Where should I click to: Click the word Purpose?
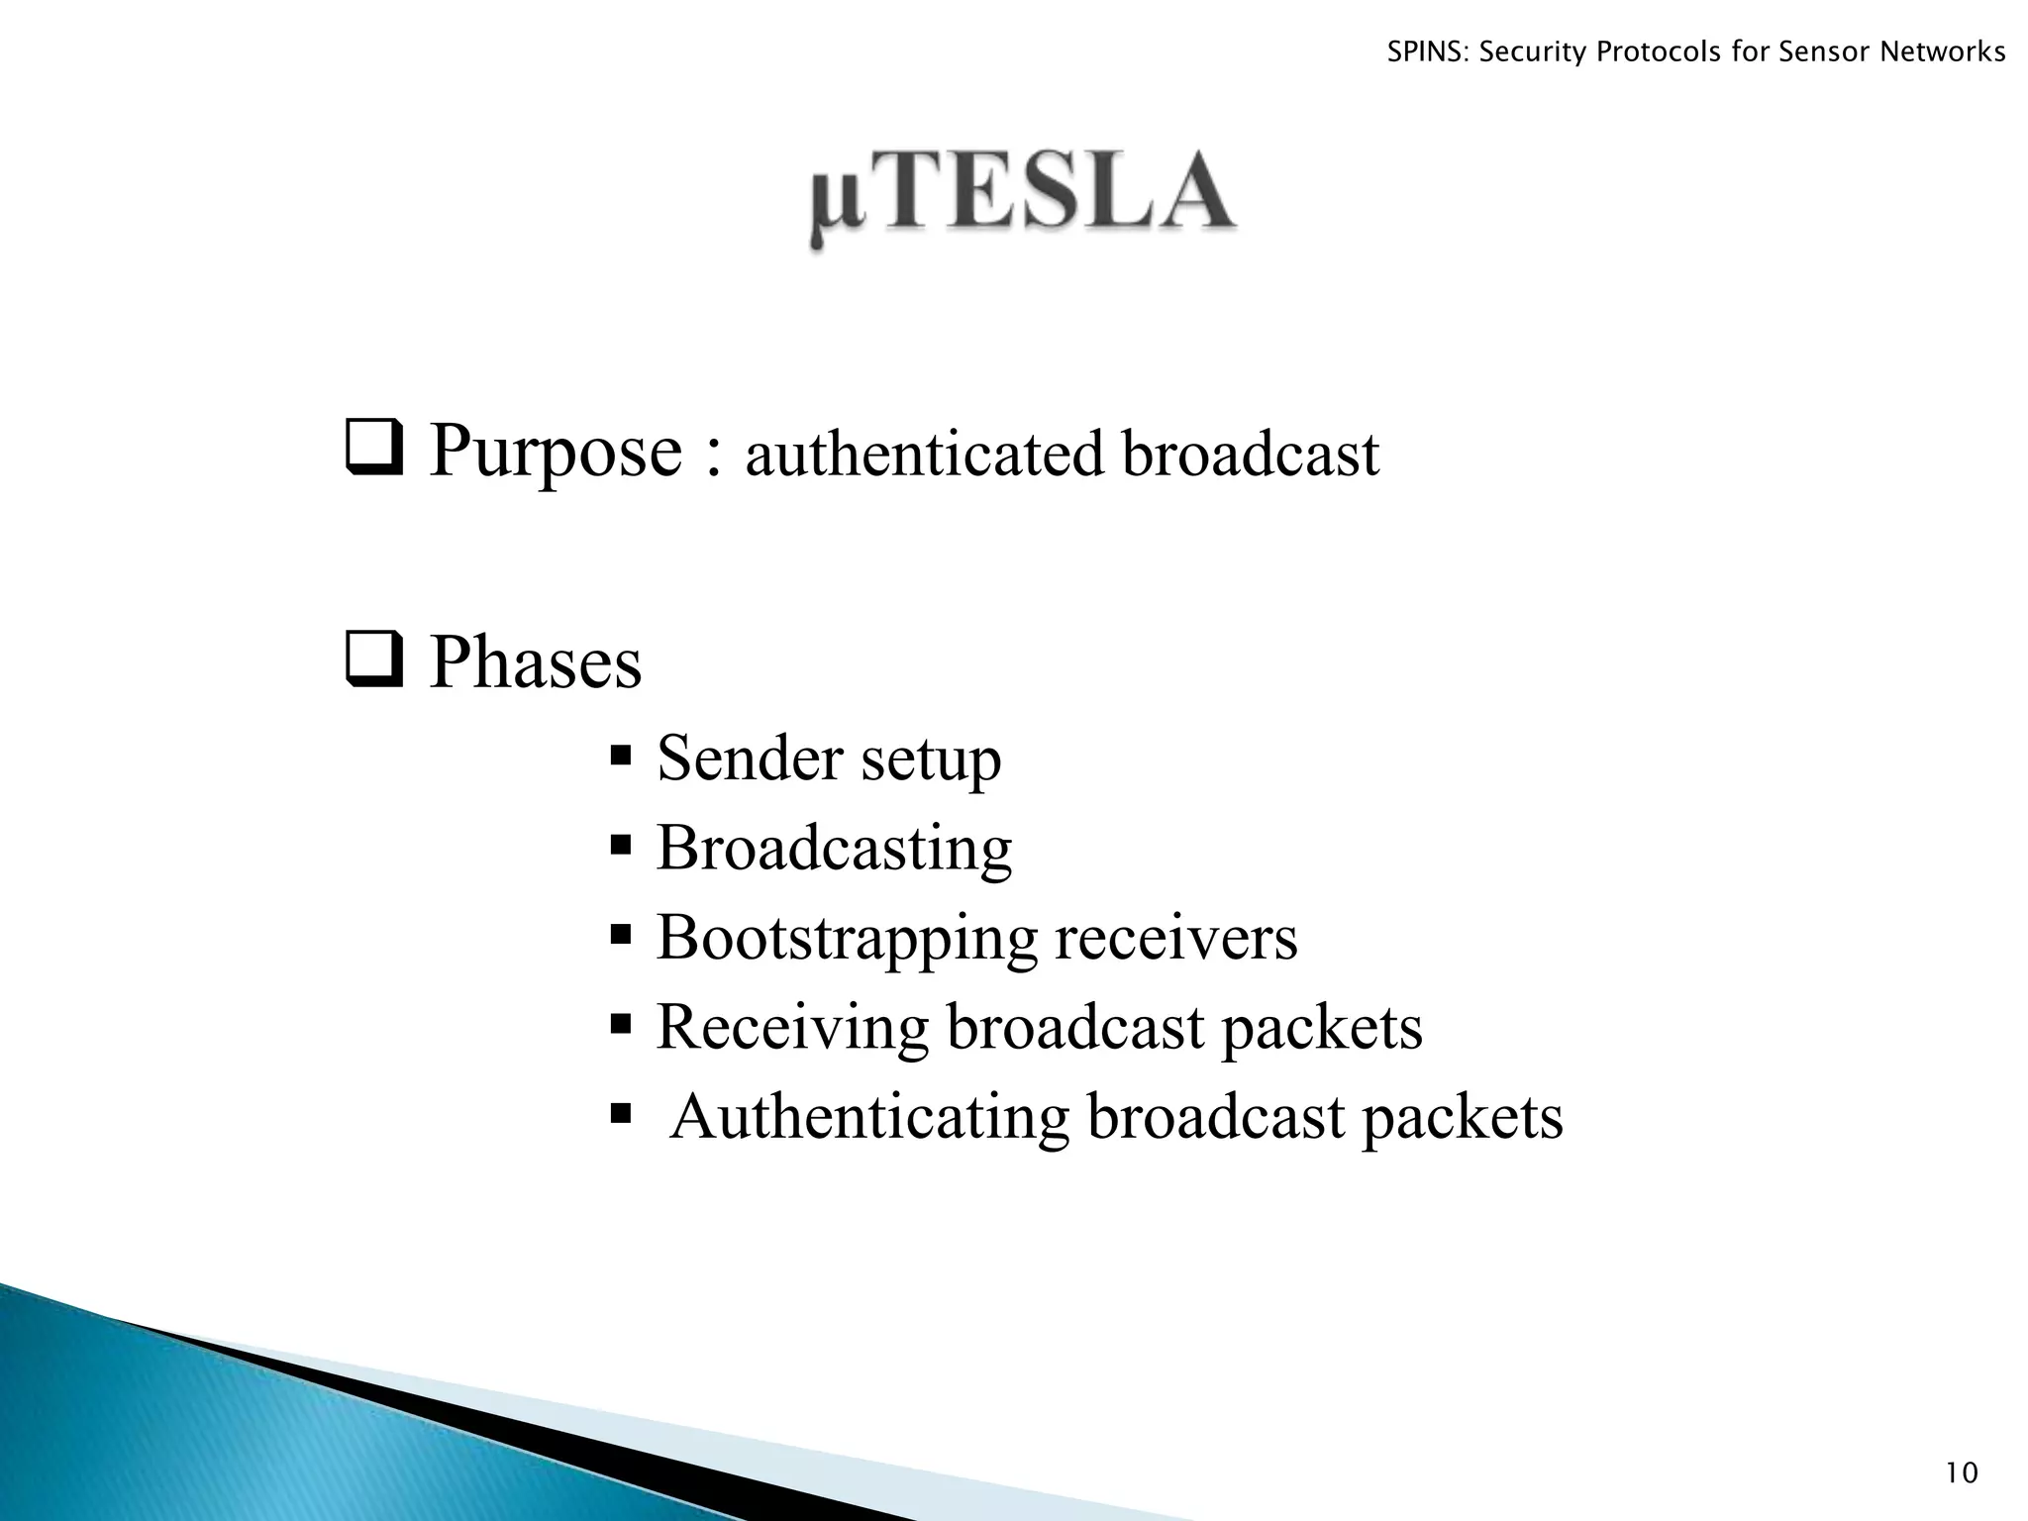coord(556,454)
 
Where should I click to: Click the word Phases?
coord(535,662)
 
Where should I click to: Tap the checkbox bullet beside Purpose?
coord(374,449)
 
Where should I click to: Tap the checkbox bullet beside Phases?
coord(374,659)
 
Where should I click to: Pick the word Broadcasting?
coord(834,850)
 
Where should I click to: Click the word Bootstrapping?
coord(847,939)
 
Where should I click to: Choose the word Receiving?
coord(792,1028)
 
